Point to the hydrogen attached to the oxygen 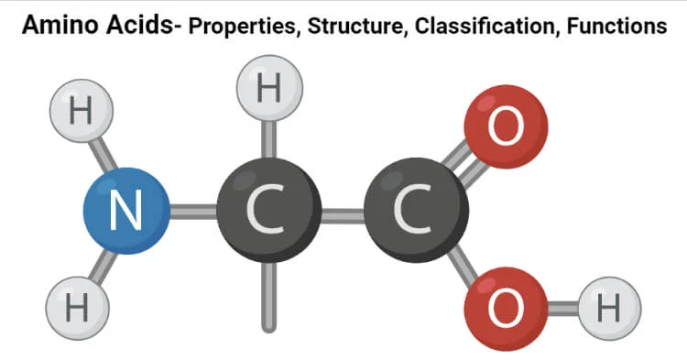608,308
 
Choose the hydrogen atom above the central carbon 268,90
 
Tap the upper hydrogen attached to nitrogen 80,114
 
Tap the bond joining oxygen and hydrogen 562,308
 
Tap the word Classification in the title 485,27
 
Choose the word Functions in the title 618,27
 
